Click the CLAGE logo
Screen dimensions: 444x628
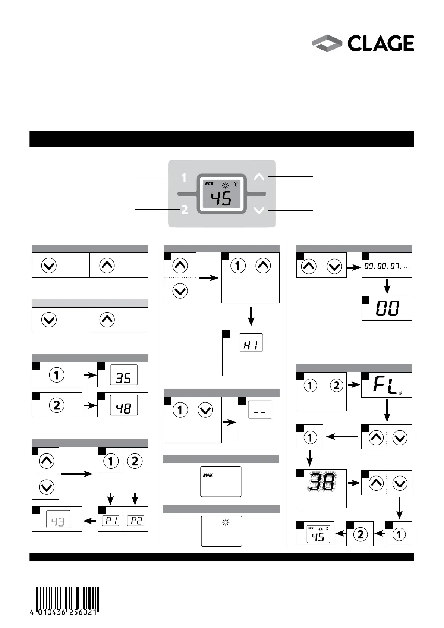click(x=363, y=44)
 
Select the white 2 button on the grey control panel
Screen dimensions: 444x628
click(x=184, y=210)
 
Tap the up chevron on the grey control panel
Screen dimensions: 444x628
click(x=259, y=177)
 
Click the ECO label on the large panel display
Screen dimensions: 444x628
click(x=209, y=183)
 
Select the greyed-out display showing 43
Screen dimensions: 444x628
click(x=58, y=519)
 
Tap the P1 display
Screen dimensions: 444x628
click(x=111, y=521)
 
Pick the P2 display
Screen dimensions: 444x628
click(x=136, y=521)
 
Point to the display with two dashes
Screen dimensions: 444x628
click(x=260, y=410)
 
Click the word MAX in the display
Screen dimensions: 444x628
click(x=208, y=475)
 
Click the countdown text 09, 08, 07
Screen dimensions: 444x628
click(x=386, y=267)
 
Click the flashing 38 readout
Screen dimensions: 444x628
click(x=321, y=483)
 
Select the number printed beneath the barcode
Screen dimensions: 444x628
click(x=64, y=612)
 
